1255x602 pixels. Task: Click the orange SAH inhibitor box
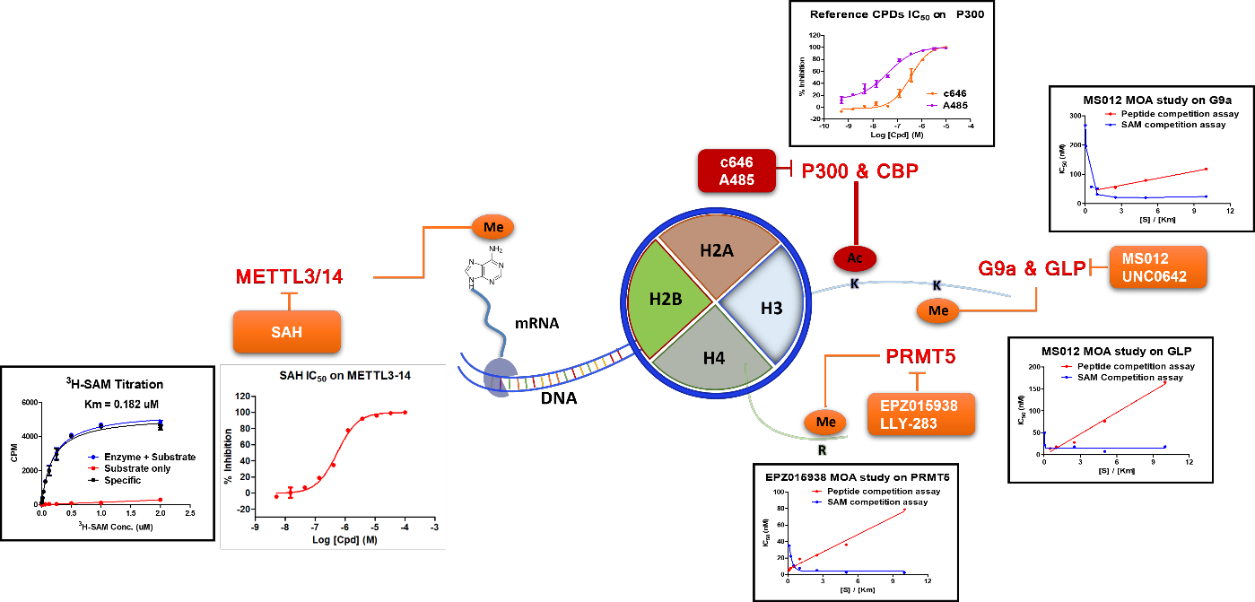(x=287, y=331)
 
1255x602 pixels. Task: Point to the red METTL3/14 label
(x=289, y=275)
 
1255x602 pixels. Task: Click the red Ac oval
(x=856, y=258)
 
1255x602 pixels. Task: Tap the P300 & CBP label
(x=860, y=170)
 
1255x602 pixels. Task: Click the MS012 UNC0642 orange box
(x=1158, y=266)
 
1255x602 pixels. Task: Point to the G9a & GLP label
(x=1031, y=266)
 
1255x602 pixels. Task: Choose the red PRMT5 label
(x=920, y=356)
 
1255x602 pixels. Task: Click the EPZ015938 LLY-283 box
(x=920, y=413)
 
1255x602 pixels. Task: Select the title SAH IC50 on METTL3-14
(x=333, y=375)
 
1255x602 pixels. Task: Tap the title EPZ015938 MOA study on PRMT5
(x=858, y=477)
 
